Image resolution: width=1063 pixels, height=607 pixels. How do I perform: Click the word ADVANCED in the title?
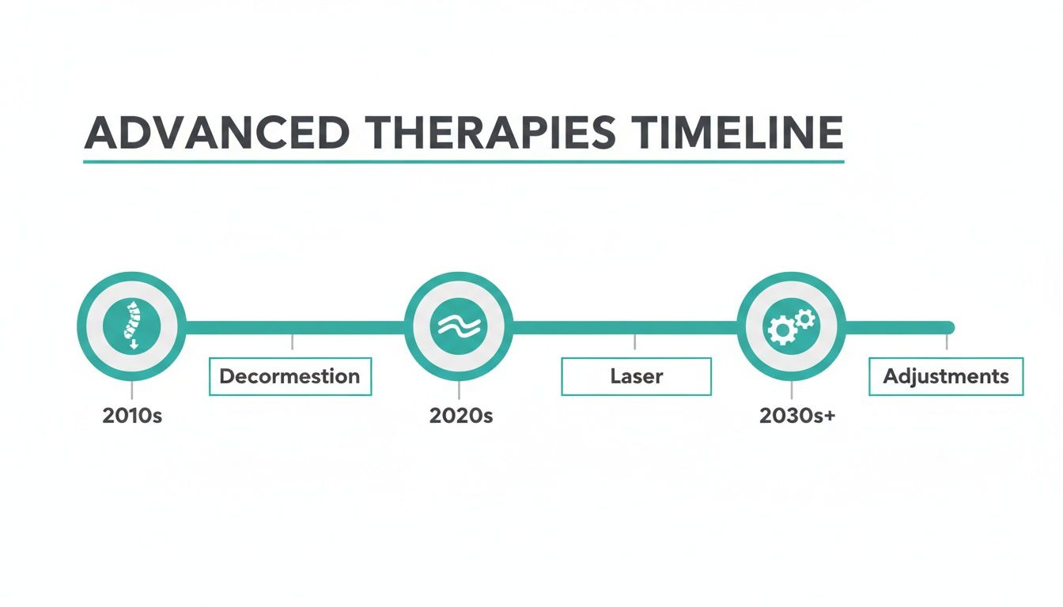click(x=216, y=134)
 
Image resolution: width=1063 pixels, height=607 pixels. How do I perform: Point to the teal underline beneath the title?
click(x=463, y=162)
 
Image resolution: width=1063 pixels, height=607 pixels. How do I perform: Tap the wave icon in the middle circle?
click(x=459, y=326)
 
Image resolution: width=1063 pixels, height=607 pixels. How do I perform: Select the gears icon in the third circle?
click(x=791, y=326)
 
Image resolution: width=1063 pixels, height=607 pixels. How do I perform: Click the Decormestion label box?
click(x=289, y=376)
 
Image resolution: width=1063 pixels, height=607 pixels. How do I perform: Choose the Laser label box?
click(x=636, y=376)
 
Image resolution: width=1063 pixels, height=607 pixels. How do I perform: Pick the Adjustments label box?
click(x=946, y=376)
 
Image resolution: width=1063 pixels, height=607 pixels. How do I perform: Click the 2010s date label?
click(x=132, y=416)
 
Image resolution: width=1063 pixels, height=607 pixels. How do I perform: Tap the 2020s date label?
click(x=460, y=416)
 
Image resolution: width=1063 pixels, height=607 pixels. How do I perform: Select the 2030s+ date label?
click(x=796, y=416)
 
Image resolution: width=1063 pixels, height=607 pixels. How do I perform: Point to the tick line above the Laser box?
click(x=635, y=341)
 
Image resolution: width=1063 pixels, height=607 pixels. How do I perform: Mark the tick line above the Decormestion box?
click(x=292, y=341)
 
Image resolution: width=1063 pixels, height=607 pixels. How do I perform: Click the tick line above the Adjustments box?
click(x=947, y=341)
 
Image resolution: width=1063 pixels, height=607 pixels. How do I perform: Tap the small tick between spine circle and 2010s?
click(x=131, y=390)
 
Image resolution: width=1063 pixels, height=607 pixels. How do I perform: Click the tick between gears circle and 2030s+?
click(x=792, y=390)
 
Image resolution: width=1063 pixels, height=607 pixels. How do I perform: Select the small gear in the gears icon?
click(x=805, y=319)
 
